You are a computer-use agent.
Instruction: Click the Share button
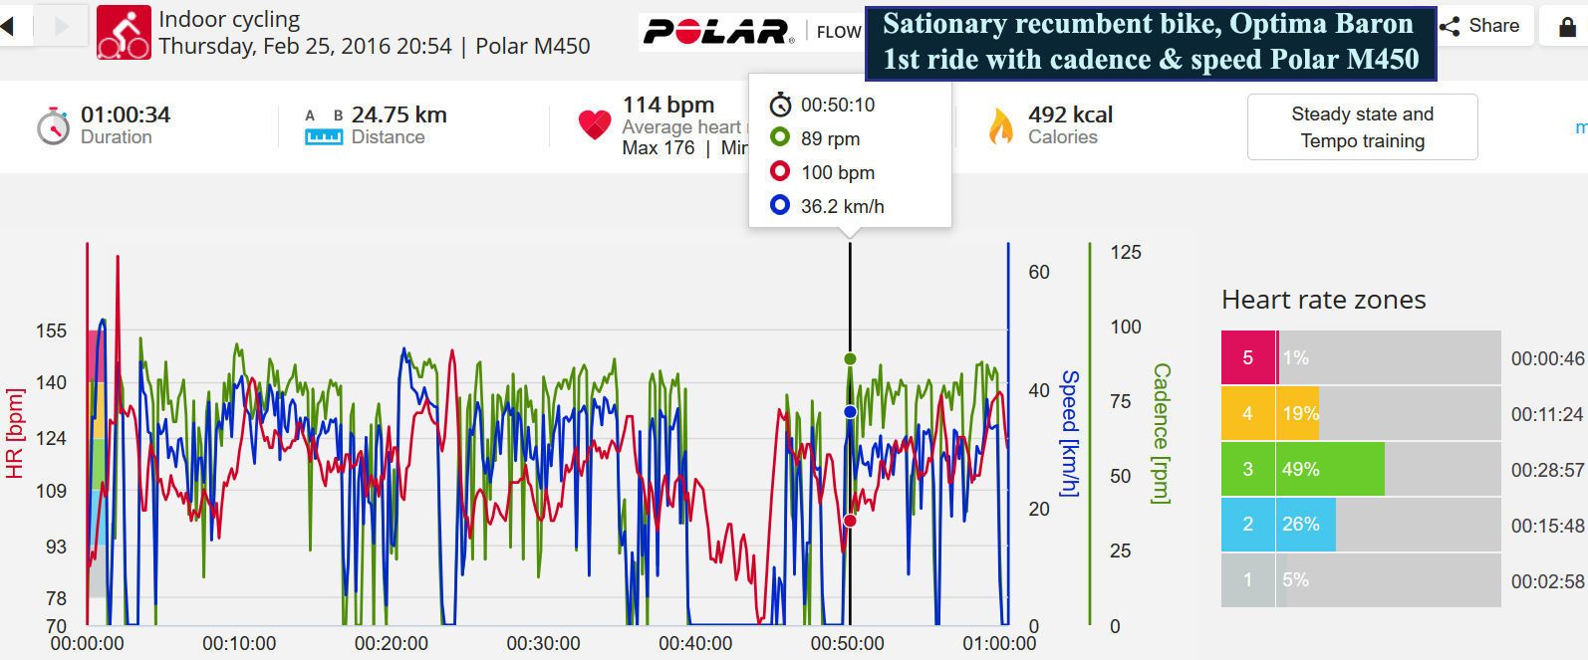point(1480,26)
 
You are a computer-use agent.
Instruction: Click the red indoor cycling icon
point(124,32)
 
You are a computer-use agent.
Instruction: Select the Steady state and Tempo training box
point(1362,127)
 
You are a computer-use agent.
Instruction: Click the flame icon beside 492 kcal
point(1000,126)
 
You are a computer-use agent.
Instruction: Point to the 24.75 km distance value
point(398,114)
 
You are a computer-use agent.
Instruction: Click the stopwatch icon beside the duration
point(53,126)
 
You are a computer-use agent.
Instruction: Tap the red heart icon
point(594,124)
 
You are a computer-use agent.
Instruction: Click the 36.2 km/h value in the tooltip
point(842,206)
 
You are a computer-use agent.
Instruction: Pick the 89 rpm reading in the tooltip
point(830,139)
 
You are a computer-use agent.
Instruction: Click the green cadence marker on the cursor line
point(850,358)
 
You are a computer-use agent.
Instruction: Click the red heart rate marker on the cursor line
point(850,521)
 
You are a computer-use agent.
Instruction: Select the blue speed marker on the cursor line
point(850,411)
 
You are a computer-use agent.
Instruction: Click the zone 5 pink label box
point(1247,357)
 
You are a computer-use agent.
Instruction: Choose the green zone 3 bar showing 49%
point(1330,469)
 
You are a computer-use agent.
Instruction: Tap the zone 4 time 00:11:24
point(1546,413)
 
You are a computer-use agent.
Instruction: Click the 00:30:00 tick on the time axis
point(543,644)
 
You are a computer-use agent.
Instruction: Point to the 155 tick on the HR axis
point(51,330)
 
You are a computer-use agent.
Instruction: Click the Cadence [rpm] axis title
point(1161,433)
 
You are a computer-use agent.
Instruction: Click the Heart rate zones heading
point(1323,300)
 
